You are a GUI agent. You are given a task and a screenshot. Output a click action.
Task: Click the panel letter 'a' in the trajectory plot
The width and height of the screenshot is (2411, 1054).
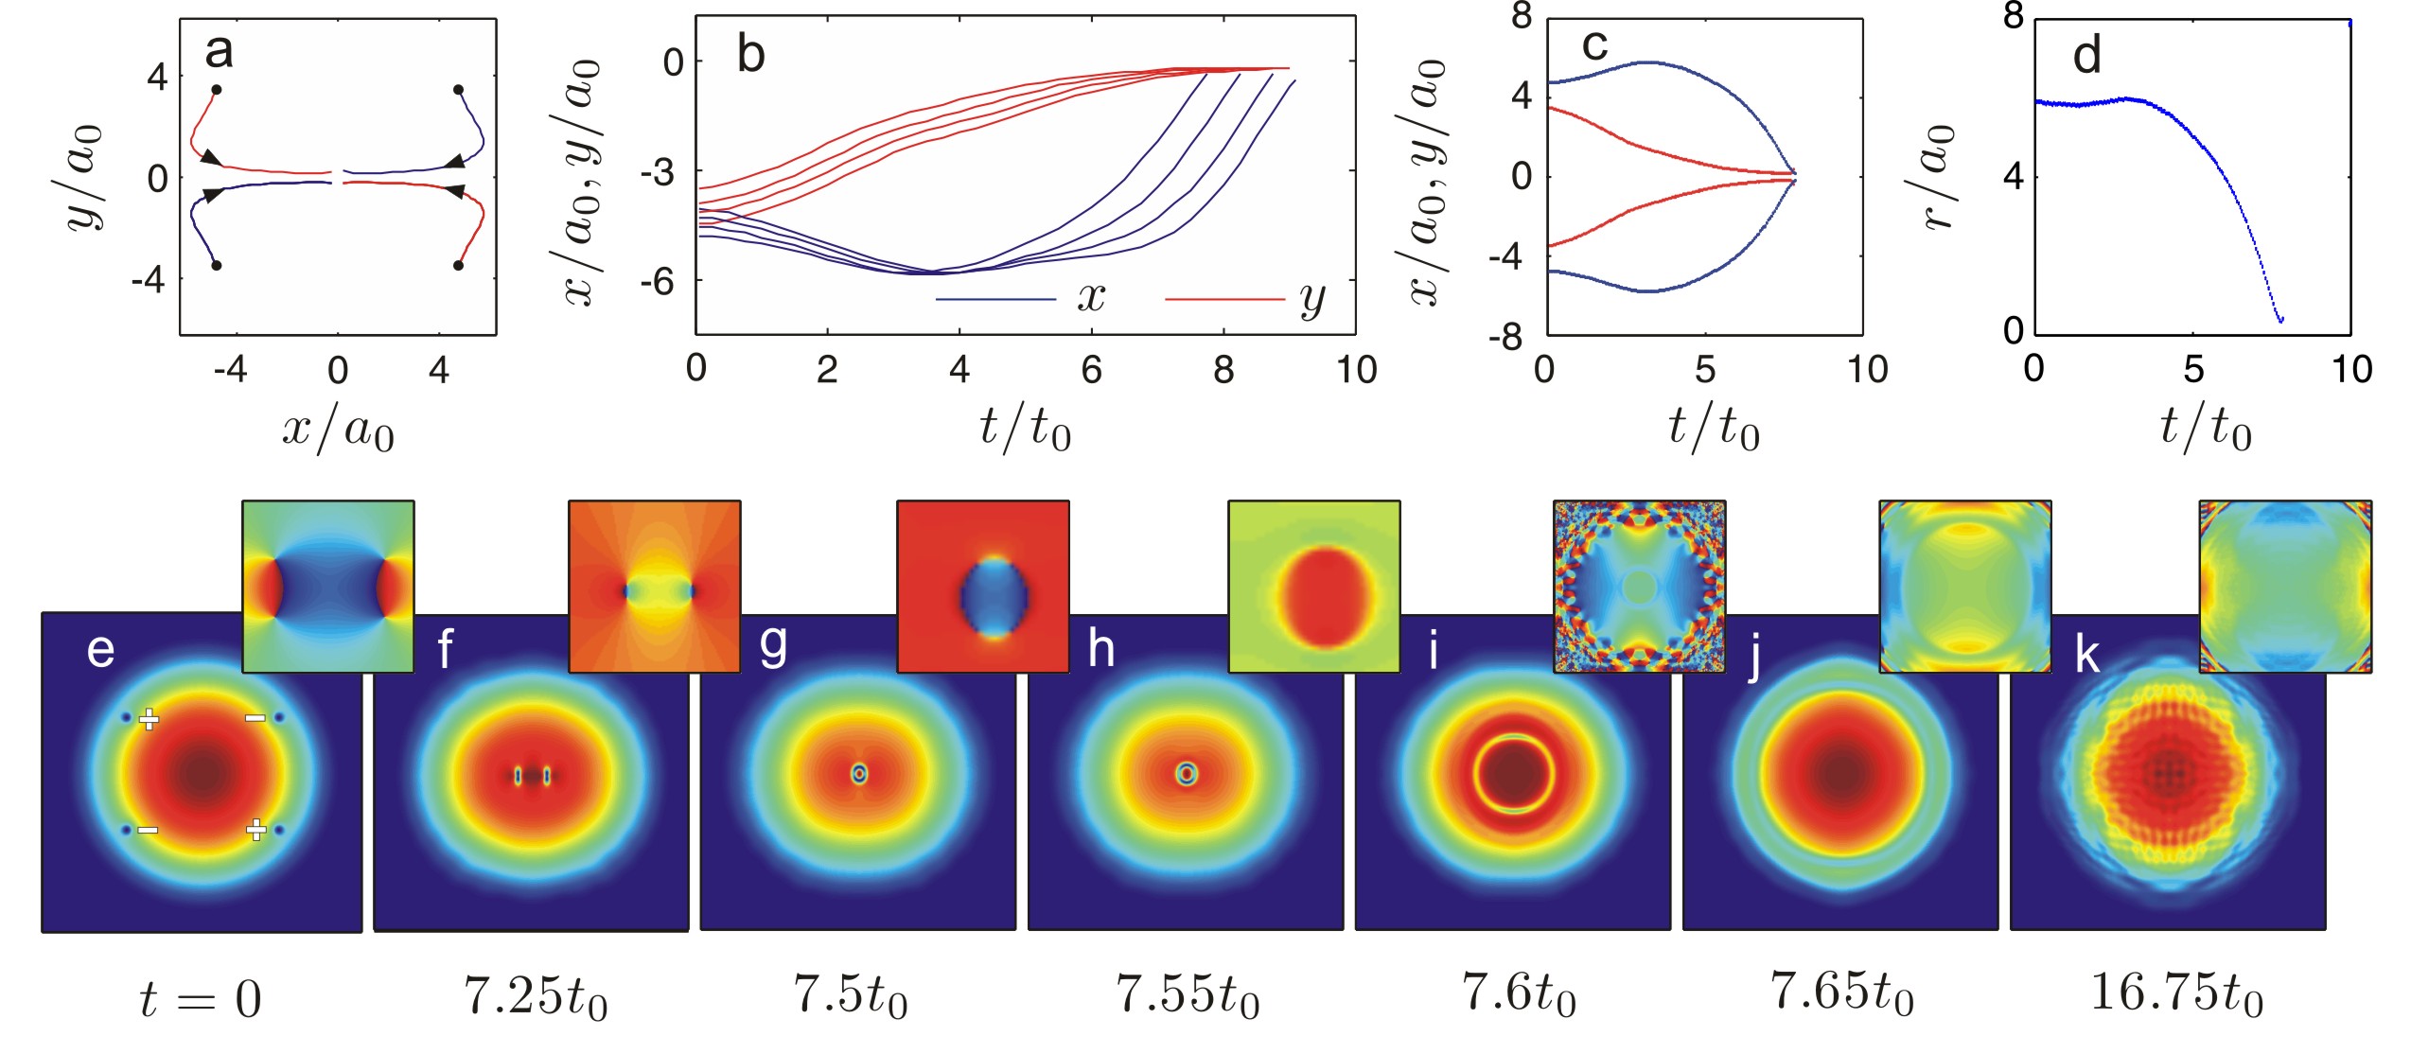219,52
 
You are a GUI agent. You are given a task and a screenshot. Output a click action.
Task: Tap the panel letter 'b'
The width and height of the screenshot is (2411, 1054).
750,55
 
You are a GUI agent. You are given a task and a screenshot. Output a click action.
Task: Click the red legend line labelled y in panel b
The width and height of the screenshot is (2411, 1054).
1223,300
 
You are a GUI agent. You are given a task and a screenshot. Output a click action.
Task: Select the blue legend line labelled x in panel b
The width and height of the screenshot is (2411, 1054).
994,300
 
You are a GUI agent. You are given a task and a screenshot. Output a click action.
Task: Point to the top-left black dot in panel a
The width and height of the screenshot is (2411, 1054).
217,90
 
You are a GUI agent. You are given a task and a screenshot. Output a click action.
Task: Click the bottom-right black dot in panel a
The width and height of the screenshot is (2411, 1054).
458,266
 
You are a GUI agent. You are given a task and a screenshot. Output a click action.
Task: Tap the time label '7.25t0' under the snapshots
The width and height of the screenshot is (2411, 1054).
535,996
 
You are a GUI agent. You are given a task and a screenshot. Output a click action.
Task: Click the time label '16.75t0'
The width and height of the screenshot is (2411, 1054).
2175,994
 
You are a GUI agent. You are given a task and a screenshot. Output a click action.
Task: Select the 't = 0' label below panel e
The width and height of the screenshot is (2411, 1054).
200,999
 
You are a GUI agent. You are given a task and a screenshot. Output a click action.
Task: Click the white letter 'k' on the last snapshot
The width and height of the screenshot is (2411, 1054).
2086,654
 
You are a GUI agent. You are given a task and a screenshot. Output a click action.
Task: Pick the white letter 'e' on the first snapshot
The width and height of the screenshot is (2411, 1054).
100,651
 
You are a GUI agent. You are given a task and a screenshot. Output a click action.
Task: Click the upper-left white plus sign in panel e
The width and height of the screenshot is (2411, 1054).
149,719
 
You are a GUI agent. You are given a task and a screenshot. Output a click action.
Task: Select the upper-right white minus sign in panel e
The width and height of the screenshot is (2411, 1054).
255,718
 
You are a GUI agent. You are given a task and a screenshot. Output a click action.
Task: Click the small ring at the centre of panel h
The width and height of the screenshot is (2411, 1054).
1186,774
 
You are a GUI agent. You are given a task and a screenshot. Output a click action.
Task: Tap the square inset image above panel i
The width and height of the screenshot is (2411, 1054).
1639,587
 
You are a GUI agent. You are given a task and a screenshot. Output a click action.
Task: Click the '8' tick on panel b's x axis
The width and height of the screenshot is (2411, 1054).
1223,370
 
